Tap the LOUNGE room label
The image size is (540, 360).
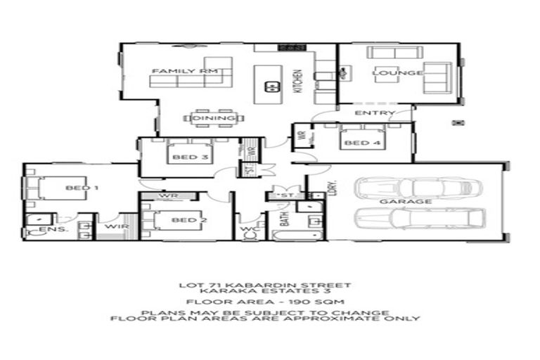397,72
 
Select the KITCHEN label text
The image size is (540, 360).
297,82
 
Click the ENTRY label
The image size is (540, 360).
373,113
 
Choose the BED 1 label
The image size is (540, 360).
82,188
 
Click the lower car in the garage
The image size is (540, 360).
420,218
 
